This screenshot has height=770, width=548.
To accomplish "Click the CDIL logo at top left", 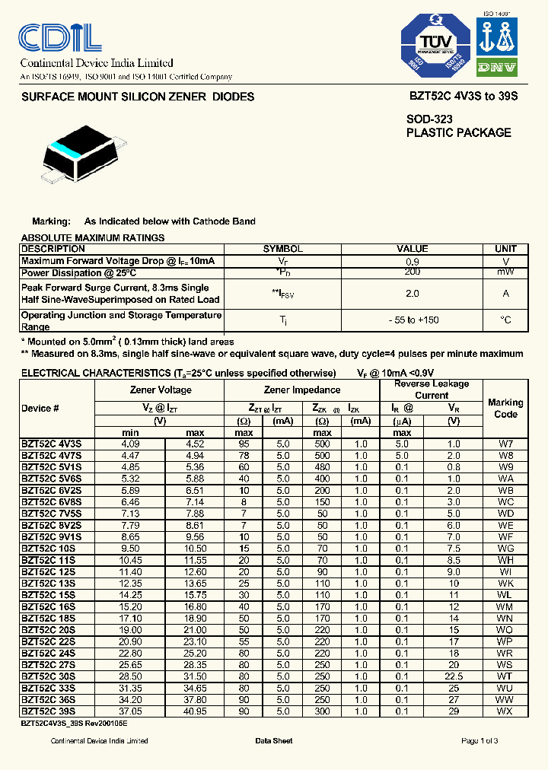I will pyautogui.click(x=61, y=37).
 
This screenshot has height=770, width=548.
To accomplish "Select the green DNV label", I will pyautogui.click(x=497, y=68).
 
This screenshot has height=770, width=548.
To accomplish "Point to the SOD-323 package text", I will pyautogui.click(x=429, y=119).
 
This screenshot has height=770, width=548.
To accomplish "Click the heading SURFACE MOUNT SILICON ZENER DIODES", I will pyautogui.click(x=138, y=97).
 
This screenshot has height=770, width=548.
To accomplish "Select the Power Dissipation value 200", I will pyautogui.click(x=413, y=272).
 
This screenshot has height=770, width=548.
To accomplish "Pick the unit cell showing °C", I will pyautogui.click(x=505, y=320).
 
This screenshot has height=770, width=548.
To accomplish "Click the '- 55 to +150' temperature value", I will pyautogui.click(x=413, y=320).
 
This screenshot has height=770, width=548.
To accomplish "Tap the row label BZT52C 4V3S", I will pyautogui.click(x=51, y=444).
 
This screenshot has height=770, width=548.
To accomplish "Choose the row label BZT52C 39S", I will pyautogui.click(x=48, y=711).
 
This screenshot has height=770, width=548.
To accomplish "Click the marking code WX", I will pyautogui.click(x=505, y=711).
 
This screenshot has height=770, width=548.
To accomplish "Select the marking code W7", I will pyautogui.click(x=505, y=444).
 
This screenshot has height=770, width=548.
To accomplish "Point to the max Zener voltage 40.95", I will pyautogui.click(x=196, y=711).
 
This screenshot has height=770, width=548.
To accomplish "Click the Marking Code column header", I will pyautogui.click(x=505, y=408).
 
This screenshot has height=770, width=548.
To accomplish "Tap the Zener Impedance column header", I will pyautogui.click(x=301, y=390).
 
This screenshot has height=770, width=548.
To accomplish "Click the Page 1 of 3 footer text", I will pyautogui.click(x=479, y=741).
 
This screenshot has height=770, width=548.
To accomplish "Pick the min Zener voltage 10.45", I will pyautogui.click(x=131, y=560).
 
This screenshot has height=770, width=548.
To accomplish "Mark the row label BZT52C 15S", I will pyautogui.click(x=48, y=595).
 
